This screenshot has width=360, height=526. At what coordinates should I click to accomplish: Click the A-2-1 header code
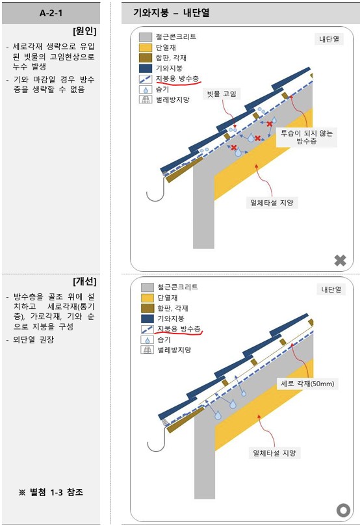[51, 13]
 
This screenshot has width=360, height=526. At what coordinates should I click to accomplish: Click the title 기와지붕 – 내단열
[172, 13]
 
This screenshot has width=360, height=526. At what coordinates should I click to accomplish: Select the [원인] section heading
[84, 31]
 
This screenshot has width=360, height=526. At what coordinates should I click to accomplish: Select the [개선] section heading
[84, 281]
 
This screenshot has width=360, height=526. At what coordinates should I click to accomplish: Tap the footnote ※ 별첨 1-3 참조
[51, 492]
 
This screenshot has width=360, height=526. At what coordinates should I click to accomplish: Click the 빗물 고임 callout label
[222, 94]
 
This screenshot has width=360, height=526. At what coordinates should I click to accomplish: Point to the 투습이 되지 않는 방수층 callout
[306, 137]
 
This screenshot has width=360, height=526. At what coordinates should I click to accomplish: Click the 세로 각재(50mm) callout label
[307, 384]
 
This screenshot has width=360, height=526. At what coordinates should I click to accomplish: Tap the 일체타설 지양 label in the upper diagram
[272, 203]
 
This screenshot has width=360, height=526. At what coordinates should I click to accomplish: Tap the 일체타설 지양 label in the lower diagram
[274, 453]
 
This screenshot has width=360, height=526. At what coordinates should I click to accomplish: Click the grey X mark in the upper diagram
[341, 260]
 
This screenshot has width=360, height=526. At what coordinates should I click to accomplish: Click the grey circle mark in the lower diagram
[343, 510]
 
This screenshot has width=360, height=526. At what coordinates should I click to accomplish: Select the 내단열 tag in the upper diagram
[329, 39]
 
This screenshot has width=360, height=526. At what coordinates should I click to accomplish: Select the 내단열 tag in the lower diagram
[331, 289]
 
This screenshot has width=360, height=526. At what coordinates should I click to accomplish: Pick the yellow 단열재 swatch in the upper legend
[146, 47]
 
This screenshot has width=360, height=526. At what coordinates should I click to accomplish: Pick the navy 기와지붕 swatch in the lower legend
[148, 319]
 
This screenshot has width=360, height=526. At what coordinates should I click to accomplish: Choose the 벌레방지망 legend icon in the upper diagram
[146, 99]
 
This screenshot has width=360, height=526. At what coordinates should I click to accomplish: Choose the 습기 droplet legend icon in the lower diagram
[147, 339]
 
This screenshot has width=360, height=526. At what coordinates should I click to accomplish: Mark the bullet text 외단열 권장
[33, 339]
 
